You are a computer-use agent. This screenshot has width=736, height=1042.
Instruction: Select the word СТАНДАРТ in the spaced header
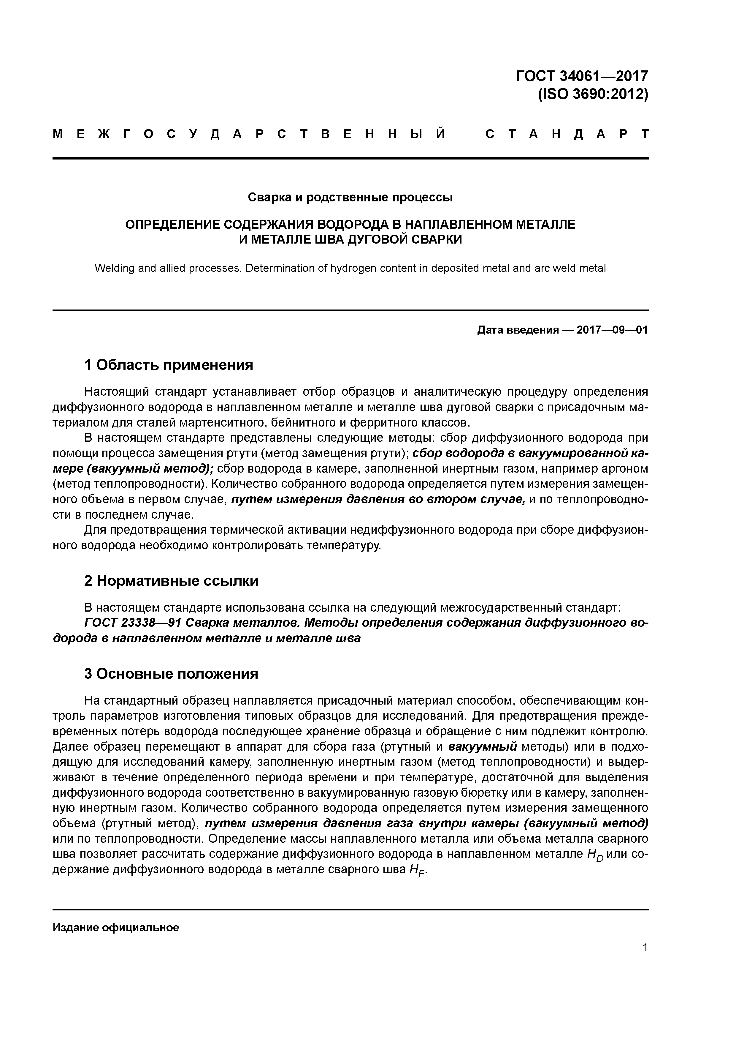[567, 134]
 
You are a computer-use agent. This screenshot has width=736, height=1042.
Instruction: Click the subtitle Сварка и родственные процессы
[350, 198]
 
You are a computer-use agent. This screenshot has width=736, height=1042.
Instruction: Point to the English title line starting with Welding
[350, 268]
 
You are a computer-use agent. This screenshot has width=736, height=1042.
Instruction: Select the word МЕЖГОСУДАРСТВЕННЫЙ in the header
[249, 134]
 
